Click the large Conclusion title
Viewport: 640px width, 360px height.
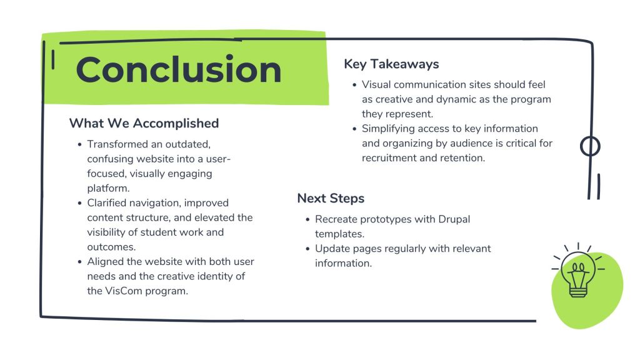178,69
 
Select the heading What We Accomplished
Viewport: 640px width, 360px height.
144,123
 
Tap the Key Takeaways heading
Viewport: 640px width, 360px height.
391,64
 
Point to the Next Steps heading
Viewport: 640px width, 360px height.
331,198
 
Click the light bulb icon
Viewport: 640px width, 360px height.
578,269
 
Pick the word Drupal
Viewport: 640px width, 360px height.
454,219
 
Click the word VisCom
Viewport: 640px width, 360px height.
124,291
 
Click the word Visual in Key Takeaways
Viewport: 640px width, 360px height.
376,84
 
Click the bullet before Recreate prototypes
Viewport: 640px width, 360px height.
307,219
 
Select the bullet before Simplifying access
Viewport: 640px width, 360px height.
354,129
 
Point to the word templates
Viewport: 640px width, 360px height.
339,234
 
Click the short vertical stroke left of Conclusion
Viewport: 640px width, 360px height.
53,59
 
